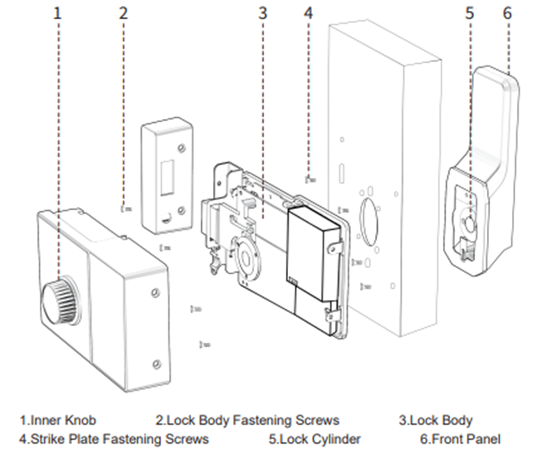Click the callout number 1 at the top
[58, 13]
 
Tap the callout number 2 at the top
[123, 13]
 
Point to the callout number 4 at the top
[309, 13]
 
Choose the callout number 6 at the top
[507, 13]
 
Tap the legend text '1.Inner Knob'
[58, 421]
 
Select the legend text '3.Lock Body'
[435, 421]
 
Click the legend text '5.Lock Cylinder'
[315, 439]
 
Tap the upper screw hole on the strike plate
[181, 148]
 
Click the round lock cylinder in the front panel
[469, 223]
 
